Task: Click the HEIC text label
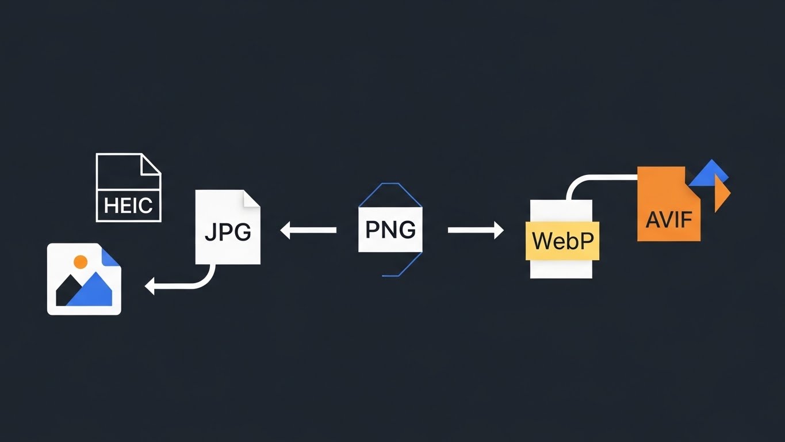pyautogui.click(x=128, y=205)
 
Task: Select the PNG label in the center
pyautogui.click(x=390, y=230)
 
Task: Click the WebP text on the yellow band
pyautogui.click(x=562, y=241)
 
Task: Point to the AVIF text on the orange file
pyautogui.click(x=669, y=219)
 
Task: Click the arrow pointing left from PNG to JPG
pyautogui.click(x=308, y=230)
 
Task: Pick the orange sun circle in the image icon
pyautogui.click(x=81, y=262)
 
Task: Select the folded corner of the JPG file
pyautogui.click(x=251, y=199)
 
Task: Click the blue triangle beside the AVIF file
pyautogui.click(x=711, y=174)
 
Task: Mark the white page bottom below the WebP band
pyautogui.click(x=561, y=269)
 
